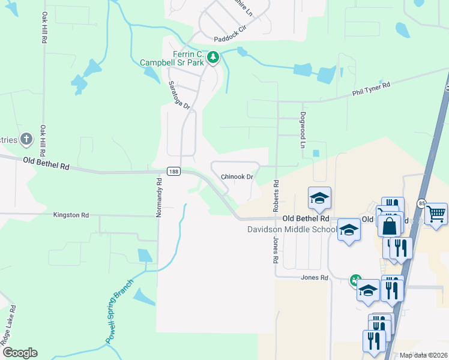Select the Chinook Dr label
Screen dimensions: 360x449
point(238,177)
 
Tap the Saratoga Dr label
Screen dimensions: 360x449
point(178,95)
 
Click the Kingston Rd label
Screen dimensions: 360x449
point(71,215)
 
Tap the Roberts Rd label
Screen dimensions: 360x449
point(276,196)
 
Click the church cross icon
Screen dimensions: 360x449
point(26,139)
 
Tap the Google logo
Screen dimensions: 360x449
point(20,353)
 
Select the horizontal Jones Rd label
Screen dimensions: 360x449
point(315,278)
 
